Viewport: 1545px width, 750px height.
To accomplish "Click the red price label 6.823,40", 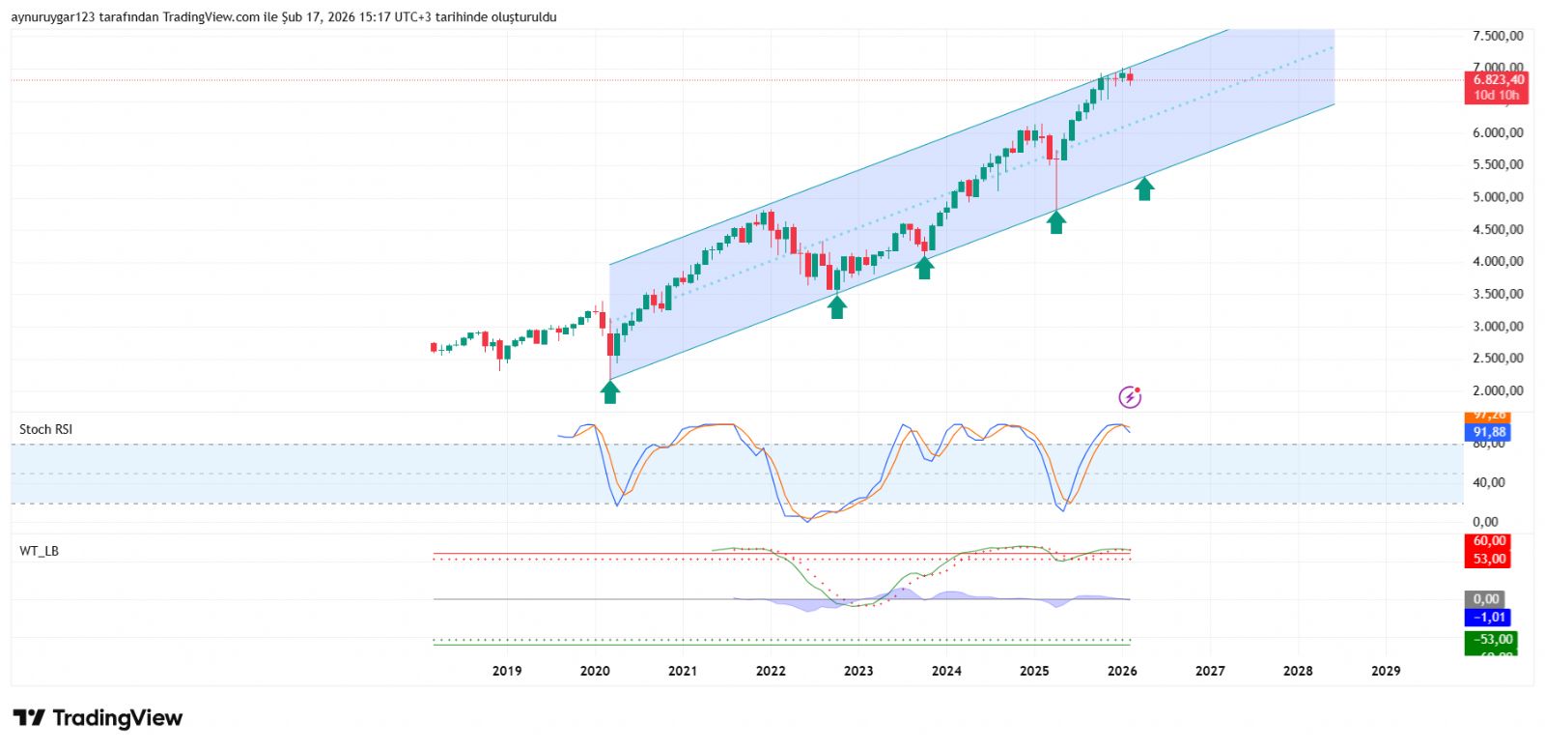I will point(1498,80).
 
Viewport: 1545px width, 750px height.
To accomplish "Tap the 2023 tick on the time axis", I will point(857,671).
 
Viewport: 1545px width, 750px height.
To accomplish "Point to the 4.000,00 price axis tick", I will point(1497,262).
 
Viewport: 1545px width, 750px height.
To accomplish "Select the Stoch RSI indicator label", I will point(45,429).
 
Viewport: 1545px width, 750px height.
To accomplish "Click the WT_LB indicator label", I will point(39,551).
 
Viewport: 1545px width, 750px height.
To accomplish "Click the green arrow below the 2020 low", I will point(609,391).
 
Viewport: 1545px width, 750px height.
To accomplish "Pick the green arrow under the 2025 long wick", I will point(1056,222).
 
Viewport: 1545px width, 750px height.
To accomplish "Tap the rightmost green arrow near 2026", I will point(1144,188).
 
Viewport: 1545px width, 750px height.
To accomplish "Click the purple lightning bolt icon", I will point(1130,396).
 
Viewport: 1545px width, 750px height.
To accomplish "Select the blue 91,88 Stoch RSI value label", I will point(1489,432).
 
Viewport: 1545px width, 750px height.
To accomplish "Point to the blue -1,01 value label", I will point(1489,618).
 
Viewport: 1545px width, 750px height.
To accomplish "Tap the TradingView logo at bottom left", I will point(98,718).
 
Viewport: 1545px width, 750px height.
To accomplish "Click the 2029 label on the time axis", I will point(1386,671).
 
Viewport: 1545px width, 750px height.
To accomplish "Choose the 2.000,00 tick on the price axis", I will point(1497,390).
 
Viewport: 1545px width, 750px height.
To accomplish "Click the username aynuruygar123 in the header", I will point(52,17).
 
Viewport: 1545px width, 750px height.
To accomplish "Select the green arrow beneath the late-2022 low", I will point(837,306).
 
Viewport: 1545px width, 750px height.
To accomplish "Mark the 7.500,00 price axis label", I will point(1497,37).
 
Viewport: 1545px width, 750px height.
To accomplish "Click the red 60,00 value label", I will point(1489,541).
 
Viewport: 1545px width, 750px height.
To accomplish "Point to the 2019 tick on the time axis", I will point(507,671).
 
